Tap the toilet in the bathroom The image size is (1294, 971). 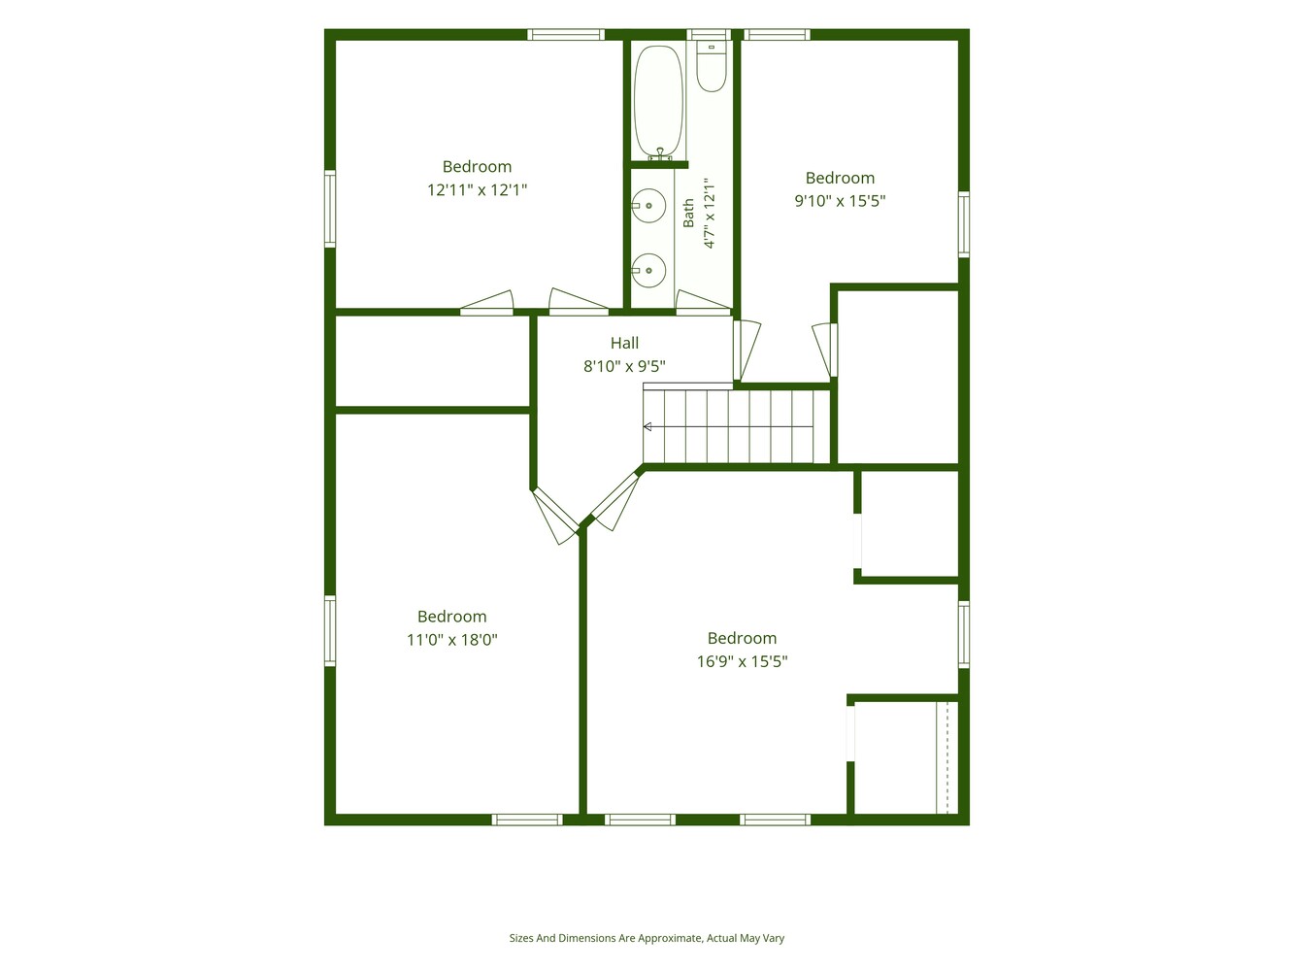coord(711,66)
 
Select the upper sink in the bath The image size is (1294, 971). coord(648,206)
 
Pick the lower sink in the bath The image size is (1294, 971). coord(648,270)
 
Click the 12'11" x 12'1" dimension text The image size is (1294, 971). coord(477,190)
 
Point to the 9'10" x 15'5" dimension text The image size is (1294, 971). coord(840,201)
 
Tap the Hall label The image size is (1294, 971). coord(624,343)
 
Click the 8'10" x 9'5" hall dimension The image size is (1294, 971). coord(624,367)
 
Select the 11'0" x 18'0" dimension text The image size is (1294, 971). coord(452,640)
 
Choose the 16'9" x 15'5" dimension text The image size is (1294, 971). coord(743,661)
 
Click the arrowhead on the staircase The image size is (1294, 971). coord(647,427)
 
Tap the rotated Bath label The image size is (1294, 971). coord(688,213)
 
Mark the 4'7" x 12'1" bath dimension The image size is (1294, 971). coord(710,213)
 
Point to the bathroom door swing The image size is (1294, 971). coord(703,300)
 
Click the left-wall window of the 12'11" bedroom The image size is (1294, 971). coord(330,209)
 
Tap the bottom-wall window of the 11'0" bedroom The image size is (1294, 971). coord(528,820)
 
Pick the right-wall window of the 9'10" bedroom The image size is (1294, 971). coord(964,224)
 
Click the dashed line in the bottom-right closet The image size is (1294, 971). coord(947,757)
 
